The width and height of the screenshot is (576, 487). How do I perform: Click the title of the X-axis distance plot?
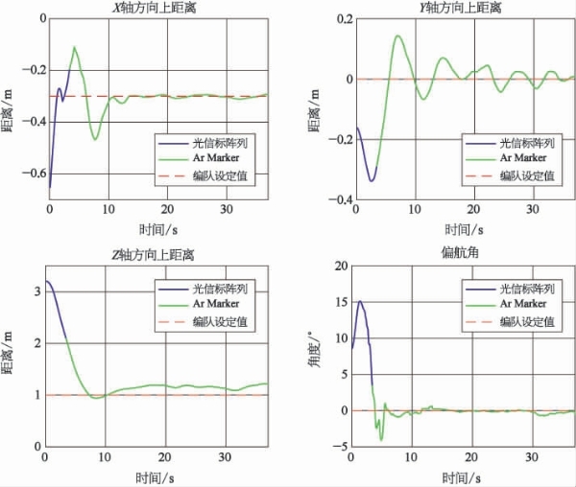coord(154,8)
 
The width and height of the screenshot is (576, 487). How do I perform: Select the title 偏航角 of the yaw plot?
coord(460,252)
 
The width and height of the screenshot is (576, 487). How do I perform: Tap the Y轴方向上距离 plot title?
coord(461,8)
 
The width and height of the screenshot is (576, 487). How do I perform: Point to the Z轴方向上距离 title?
coord(153,255)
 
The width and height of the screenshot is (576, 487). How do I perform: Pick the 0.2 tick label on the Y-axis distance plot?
coord(345,19)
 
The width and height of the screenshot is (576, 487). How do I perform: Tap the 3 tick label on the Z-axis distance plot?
coord(37,291)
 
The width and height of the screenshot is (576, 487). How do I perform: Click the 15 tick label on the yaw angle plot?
coord(341,302)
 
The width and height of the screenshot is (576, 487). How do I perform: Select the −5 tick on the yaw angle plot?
coord(340,447)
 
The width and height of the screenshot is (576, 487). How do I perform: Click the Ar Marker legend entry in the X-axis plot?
coord(216,158)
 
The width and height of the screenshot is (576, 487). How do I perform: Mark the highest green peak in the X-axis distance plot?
coord(75,47)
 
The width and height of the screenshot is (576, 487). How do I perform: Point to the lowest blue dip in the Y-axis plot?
coord(372,181)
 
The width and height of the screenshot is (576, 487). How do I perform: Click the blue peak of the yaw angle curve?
coord(360,301)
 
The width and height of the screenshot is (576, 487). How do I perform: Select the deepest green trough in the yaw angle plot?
coord(381,440)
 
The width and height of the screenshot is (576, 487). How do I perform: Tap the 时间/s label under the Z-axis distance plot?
coord(155,477)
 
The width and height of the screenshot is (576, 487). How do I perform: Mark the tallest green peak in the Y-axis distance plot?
coord(397,35)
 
